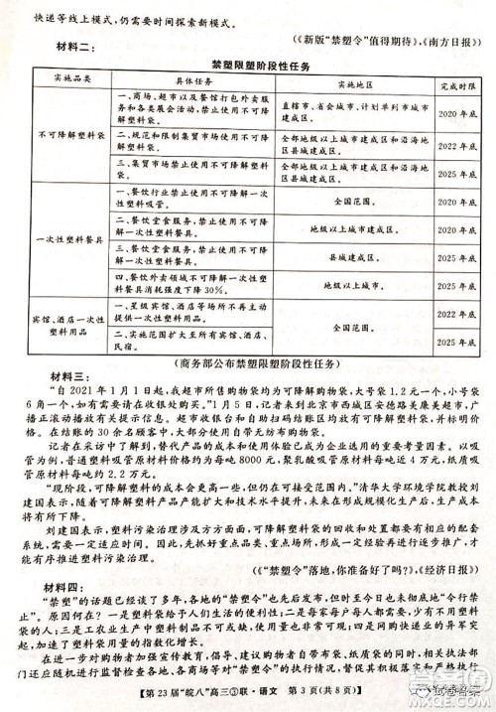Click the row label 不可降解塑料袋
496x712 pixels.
click(x=64, y=130)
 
